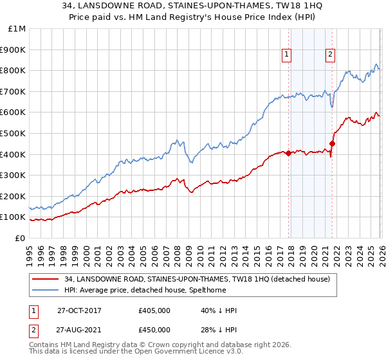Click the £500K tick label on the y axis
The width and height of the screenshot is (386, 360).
(13, 133)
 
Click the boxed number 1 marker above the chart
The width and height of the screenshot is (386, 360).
(286, 55)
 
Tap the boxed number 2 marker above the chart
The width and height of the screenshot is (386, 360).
(330, 55)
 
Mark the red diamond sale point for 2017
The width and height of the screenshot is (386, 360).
(288, 153)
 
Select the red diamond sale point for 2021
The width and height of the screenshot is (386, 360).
(333, 143)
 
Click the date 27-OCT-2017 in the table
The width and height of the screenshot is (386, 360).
(79, 310)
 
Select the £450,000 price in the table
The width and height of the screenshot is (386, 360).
(154, 330)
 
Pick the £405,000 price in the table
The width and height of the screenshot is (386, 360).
(154, 310)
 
